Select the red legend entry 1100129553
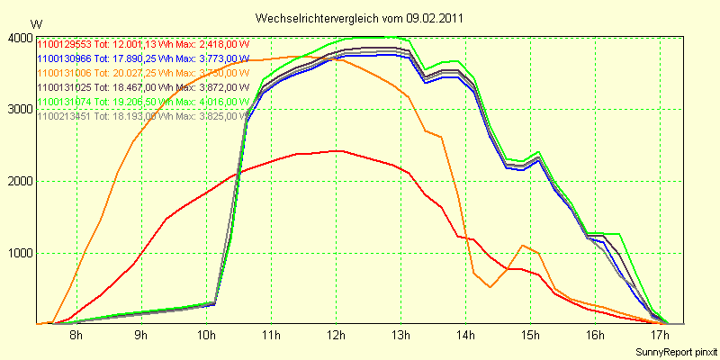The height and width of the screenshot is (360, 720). [143, 44]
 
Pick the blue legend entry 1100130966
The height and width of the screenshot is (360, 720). [143, 58]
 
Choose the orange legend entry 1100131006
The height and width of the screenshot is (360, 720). [143, 73]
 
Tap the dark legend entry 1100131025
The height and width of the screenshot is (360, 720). [143, 87]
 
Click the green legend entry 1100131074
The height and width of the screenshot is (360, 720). [143, 102]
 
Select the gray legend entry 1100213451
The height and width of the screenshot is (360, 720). [143, 116]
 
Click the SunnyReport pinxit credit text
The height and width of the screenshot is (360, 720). [674, 351]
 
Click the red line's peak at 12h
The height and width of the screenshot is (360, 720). [336, 151]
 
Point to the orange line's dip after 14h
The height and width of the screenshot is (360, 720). [490, 287]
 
